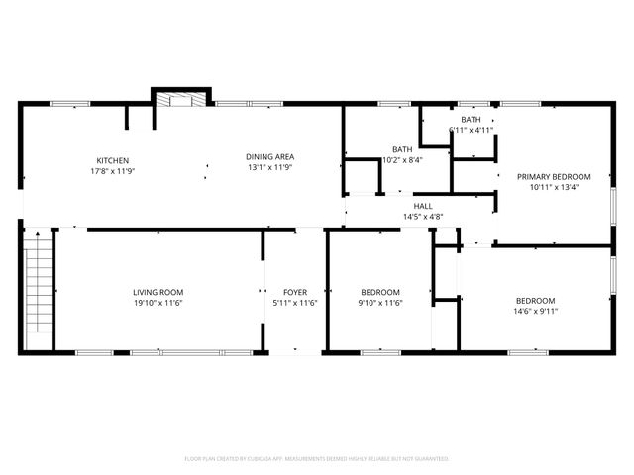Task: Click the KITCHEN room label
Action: click(112, 161)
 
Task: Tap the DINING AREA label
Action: click(269, 155)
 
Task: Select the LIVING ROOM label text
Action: click(158, 292)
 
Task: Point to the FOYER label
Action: click(295, 292)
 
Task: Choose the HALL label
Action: click(423, 206)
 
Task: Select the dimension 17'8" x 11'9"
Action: click(112, 171)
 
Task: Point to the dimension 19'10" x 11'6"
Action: click(158, 303)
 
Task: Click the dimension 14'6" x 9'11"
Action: click(535, 312)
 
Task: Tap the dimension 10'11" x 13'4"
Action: click(554, 187)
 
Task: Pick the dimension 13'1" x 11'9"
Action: click(269, 167)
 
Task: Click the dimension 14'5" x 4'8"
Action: click(423, 217)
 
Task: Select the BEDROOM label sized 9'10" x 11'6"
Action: click(380, 292)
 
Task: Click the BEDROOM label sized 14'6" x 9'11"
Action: click(535, 301)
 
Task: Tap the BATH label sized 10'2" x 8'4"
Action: click(402, 149)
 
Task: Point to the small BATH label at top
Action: click(471, 119)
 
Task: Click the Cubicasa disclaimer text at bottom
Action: click(317, 459)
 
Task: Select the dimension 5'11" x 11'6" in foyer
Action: click(295, 303)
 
